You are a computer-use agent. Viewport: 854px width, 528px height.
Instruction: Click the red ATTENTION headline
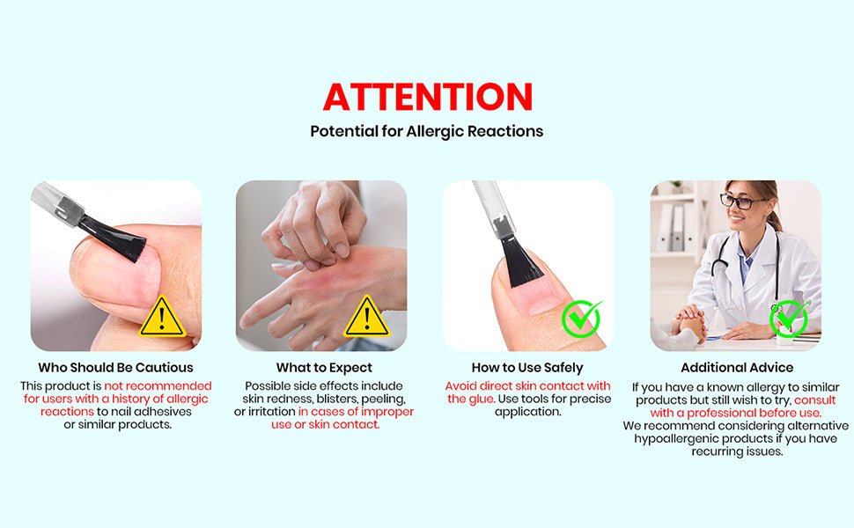(428, 97)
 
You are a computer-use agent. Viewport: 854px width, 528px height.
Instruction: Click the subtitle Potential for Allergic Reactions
(427, 131)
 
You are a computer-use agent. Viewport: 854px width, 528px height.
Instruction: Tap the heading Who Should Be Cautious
(115, 368)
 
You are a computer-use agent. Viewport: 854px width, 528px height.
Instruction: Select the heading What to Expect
(324, 368)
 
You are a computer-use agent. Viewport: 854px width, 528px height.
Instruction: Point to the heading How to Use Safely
(527, 368)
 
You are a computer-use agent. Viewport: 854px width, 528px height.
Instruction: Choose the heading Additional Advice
(737, 368)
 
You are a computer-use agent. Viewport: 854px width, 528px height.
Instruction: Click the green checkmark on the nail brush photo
(582, 319)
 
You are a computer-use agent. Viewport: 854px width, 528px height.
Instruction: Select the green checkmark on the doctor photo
(789, 319)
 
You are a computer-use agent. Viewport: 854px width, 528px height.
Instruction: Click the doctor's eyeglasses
(742, 202)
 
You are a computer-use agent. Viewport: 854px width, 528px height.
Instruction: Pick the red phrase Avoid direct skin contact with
(527, 386)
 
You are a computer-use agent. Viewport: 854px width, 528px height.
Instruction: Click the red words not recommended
(158, 386)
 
